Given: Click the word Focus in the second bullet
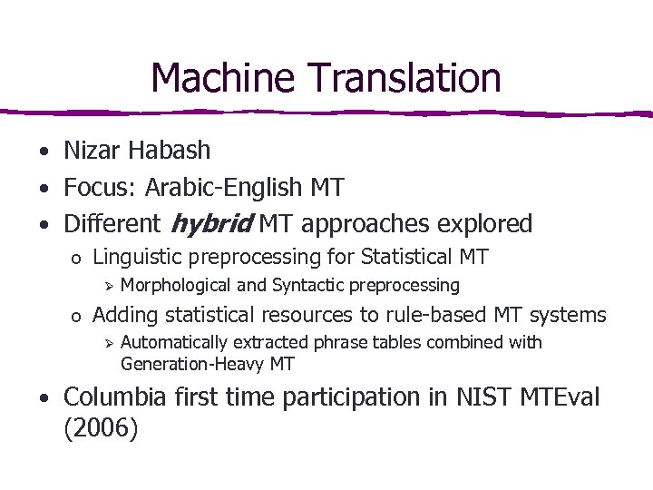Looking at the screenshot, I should click(93, 188).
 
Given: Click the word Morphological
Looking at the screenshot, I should click(176, 286).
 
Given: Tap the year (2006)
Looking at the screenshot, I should click(101, 427).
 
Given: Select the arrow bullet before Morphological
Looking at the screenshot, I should click(106, 287).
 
